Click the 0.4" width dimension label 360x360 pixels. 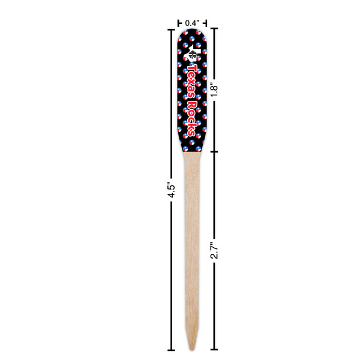(191, 23)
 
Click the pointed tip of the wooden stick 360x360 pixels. (192, 347)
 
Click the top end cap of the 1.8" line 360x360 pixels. (214, 28)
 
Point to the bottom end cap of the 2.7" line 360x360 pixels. (214, 349)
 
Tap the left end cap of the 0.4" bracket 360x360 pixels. (178, 22)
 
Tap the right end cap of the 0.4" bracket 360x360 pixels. (206, 22)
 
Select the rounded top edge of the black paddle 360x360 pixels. (192, 31)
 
